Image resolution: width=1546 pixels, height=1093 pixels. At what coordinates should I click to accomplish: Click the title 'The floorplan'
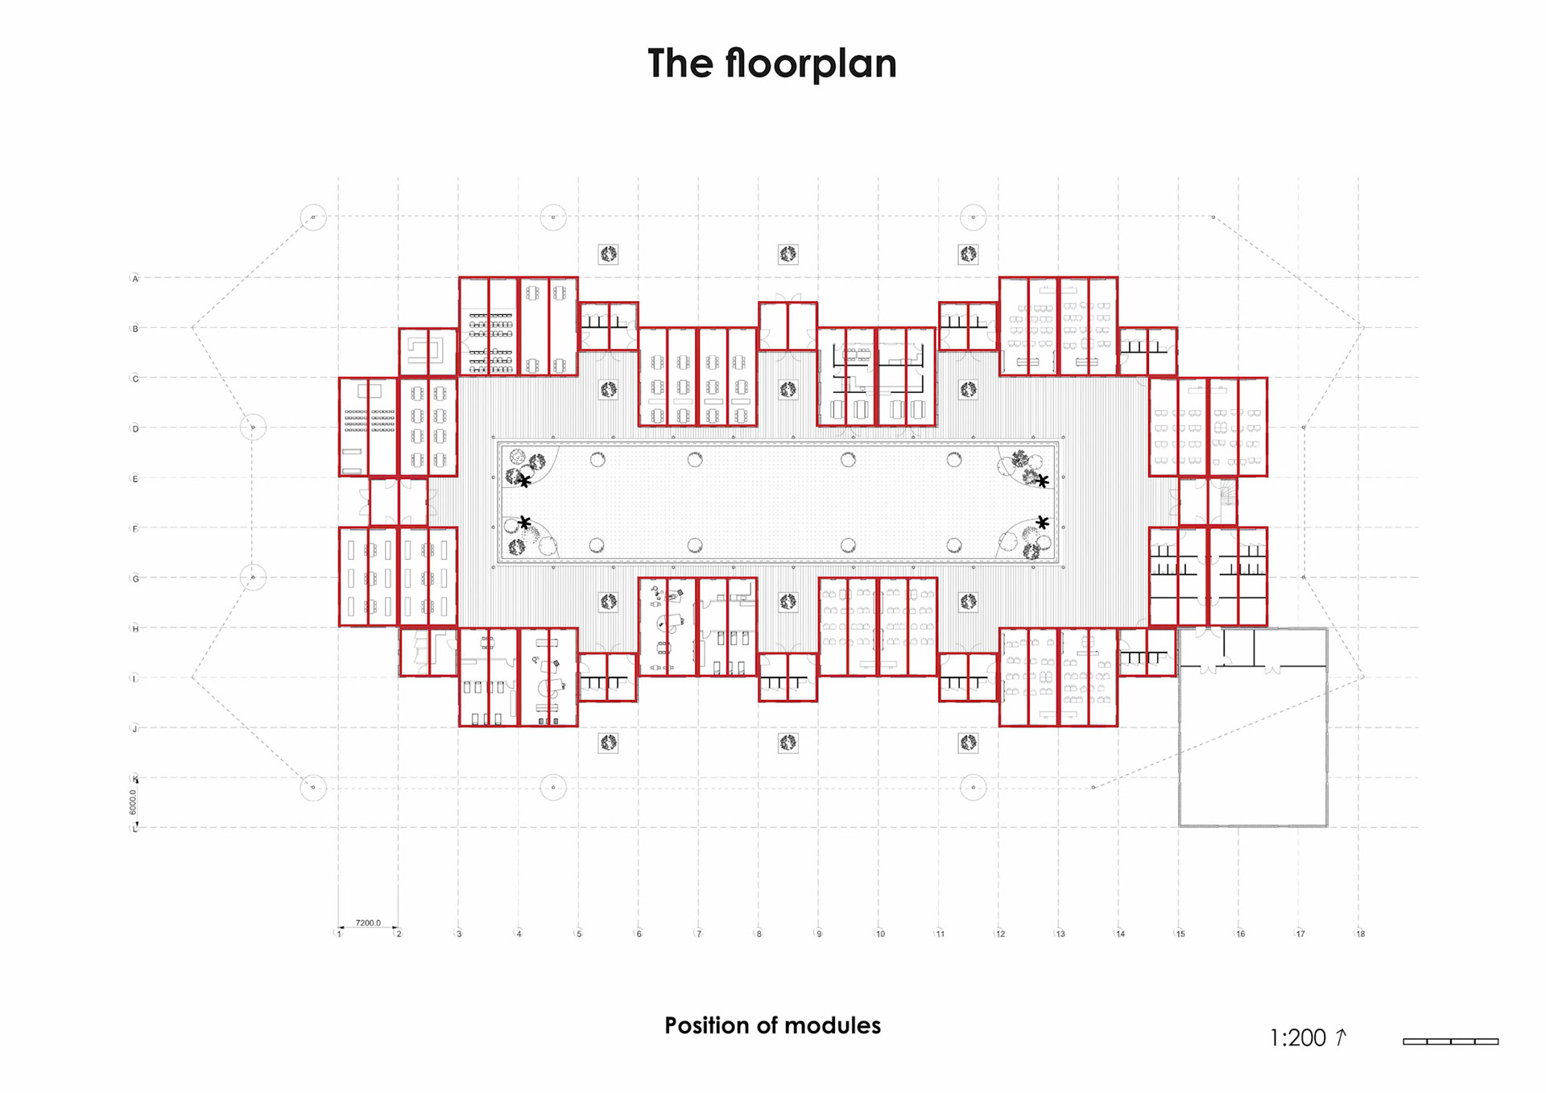click(771, 64)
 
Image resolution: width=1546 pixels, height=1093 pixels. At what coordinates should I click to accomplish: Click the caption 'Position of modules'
click(772, 1025)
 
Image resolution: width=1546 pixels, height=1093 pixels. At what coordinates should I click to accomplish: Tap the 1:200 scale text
click(1297, 1038)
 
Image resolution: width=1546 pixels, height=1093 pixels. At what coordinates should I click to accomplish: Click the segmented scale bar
click(1450, 1041)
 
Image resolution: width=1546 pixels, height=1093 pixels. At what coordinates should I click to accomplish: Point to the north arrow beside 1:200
click(1341, 1037)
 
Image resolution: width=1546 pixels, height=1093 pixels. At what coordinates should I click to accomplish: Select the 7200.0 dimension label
click(368, 923)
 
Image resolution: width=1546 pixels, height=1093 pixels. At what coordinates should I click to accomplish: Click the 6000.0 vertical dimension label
click(133, 802)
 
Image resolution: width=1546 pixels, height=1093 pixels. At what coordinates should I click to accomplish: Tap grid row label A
click(135, 279)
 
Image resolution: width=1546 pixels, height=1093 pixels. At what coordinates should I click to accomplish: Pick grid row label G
click(135, 578)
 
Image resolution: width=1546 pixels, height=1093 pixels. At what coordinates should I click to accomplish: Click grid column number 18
click(1360, 934)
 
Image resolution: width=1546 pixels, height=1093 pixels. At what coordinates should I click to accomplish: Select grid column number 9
click(819, 934)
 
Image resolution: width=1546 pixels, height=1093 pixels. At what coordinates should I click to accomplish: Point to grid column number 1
click(339, 934)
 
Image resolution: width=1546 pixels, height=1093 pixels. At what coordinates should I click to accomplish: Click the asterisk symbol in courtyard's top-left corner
click(524, 481)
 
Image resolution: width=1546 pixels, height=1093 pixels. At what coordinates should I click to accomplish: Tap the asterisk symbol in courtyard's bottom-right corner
click(1043, 523)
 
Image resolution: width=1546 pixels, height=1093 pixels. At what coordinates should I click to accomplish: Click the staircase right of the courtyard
click(1226, 492)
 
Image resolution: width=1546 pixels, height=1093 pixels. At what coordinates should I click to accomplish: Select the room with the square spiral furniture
click(427, 352)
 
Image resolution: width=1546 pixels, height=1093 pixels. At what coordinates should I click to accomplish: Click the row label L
click(134, 829)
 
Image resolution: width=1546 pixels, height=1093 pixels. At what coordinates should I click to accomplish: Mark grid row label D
click(135, 429)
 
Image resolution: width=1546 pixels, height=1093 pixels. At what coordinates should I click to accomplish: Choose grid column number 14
click(1120, 934)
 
